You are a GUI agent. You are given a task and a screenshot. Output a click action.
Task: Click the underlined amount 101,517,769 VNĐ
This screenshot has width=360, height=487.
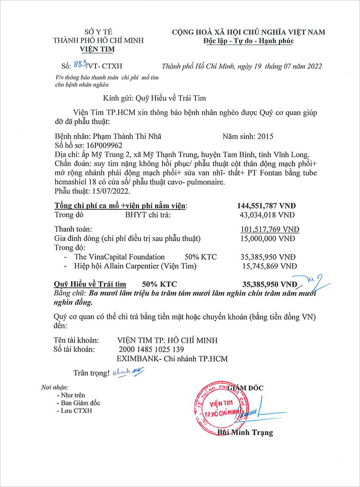[269, 229]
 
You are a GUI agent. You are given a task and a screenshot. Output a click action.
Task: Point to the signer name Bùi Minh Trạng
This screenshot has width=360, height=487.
[245, 433]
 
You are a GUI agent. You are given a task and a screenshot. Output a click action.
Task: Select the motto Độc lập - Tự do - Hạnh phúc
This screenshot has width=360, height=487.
[248, 41]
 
